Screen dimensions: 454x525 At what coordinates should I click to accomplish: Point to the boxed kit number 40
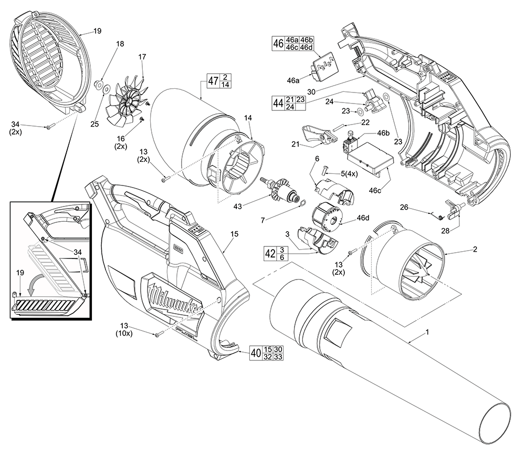[x=255, y=353]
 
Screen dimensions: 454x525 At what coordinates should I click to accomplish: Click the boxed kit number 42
[x=270, y=253]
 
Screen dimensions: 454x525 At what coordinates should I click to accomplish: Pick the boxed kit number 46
[x=279, y=43]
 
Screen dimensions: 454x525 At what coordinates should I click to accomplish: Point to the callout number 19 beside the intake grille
[x=97, y=32]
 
